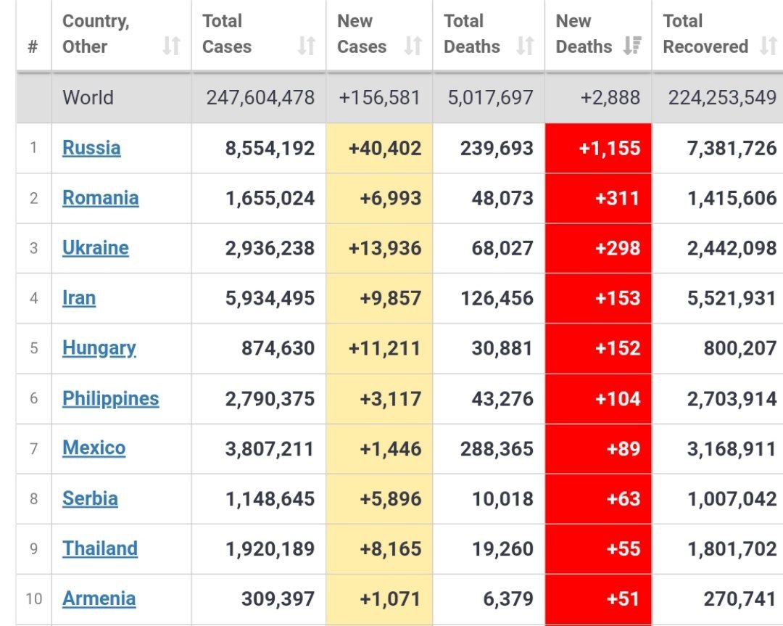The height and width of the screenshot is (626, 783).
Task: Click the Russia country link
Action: pyautogui.click(x=91, y=148)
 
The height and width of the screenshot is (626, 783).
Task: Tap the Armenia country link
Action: pyautogui.click(x=99, y=598)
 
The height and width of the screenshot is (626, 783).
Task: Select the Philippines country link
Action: pyautogui.click(x=110, y=398)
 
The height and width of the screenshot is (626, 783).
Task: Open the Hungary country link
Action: pyautogui.click(x=99, y=348)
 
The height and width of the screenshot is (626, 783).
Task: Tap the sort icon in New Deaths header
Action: pyautogui.click(x=632, y=47)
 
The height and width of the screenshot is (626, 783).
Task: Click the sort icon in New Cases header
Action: pyautogui.click(x=413, y=47)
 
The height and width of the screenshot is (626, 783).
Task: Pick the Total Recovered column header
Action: pyautogui.click(x=705, y=34)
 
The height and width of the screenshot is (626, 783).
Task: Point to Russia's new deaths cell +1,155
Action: pyautogui.click(x=610, y=149)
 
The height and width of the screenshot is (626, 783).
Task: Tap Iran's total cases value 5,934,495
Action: pyautogui.click(x=270, y=298)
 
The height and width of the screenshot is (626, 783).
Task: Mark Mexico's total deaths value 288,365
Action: pyautogui.click(x=497, y=449)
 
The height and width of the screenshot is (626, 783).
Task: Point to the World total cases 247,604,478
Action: pyautogui.click(x=260, y=98)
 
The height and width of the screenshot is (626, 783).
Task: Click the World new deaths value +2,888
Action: pyautogui.click(x=610, y=98)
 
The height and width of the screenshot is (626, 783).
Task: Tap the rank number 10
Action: pyautogui.click(x=33, y=599)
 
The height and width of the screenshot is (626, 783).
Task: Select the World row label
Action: pyautogui.click(x=88, y=98)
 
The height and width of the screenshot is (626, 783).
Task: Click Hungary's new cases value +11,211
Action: pyautogui.click(x=384, y=348)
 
